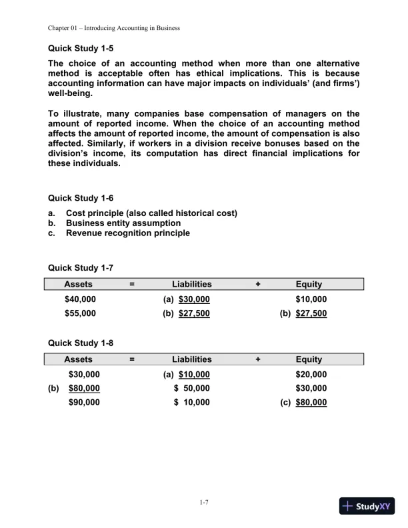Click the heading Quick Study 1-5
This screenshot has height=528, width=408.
tap(81, 48)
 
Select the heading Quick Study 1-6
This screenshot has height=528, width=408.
tap(81, 198)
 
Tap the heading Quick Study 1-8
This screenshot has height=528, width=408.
tap(81, 343)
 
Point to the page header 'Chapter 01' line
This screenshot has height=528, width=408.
tap(114, 28)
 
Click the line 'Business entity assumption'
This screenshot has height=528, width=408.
tap(123, 223)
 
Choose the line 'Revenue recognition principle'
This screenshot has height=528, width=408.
tap(128, 233)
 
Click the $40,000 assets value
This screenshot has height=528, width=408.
tap(80, 299)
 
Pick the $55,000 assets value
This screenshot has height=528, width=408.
tap(80, 313)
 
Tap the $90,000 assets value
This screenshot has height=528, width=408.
tap(84, 402)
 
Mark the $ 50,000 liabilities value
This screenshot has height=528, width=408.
tap(192, 388)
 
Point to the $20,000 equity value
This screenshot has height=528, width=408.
tap(311, 374)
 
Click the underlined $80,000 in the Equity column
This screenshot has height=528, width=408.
tap(311, 402)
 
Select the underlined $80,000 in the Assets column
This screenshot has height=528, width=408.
tap(84, 388)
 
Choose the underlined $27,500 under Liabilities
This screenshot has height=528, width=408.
tap(194, 313)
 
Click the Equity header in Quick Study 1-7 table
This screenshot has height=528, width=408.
tap(309, 285)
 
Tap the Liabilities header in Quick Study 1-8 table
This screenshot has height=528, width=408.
tap(192, 359)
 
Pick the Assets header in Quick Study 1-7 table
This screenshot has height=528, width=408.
tap(78, 285)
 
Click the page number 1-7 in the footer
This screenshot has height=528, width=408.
tap(204, 503)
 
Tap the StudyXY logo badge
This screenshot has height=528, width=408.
tap(367, 506)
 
